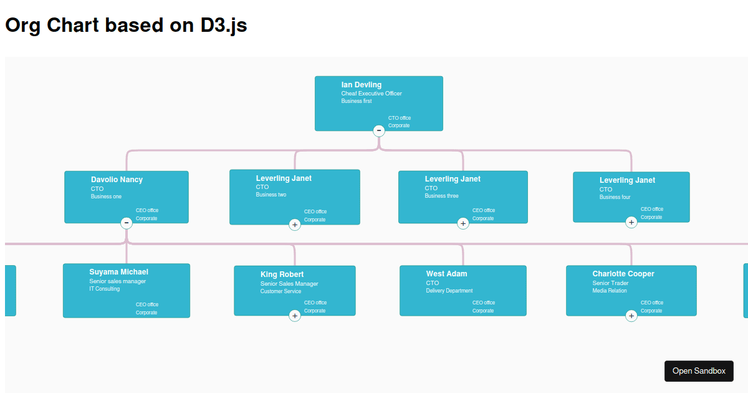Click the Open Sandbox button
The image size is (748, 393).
[x=699, y=371]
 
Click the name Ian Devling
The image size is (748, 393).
[x=361, y=85]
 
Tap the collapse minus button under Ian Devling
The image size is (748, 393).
[x=379, y=130]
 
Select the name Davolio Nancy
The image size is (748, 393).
[x=117, y=180]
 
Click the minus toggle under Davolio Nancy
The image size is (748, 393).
[x=127, y=223]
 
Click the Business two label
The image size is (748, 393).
[x=271, y=195]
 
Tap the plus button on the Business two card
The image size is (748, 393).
[x=295, y=225]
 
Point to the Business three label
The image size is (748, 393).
[x=441, y=196]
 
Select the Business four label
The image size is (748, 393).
[x=615, y=197]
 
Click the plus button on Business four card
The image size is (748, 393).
[x=631, y=222]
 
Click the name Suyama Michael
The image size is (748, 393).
[x=118, y=272]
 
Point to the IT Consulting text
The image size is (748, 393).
[x=104, y=289]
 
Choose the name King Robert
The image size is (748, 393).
[x=282, y=274]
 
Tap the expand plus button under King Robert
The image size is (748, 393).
[x=295, y=316]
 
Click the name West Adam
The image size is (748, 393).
[x=446, y=274]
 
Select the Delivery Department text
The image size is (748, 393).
[x=449, y=291]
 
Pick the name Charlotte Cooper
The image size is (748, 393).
[x=623, y=274]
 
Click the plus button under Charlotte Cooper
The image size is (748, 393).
[x=631, y=316]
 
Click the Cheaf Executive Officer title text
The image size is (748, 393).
[x=371, y=94]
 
